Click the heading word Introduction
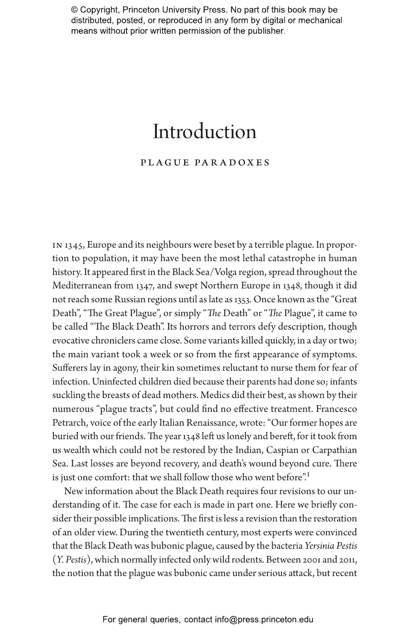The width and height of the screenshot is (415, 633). [x=204, y=132]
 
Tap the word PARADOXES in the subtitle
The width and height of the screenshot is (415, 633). [x=232, y=163]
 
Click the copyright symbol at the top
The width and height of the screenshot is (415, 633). [x=74, y=10]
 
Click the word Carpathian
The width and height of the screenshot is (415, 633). [x=334, y=450]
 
